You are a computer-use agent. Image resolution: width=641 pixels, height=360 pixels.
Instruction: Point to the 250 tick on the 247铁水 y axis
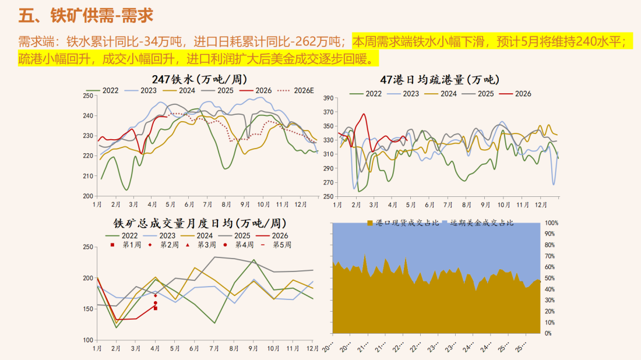point(88,96)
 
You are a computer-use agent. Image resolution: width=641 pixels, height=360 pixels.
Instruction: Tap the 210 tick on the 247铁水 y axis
point(88,176)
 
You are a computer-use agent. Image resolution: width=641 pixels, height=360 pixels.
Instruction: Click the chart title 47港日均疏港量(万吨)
point(439,79)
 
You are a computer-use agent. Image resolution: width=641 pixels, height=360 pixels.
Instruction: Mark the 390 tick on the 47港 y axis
point(327,98)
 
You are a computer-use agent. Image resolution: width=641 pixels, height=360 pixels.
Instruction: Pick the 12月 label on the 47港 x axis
point(540,205)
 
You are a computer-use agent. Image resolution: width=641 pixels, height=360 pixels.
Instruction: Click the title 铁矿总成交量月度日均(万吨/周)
point(200,223)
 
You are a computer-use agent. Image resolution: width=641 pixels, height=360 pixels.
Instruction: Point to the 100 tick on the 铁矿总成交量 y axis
point(88,340)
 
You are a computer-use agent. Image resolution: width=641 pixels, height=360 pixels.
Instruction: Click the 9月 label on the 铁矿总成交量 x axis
point(253,348)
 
